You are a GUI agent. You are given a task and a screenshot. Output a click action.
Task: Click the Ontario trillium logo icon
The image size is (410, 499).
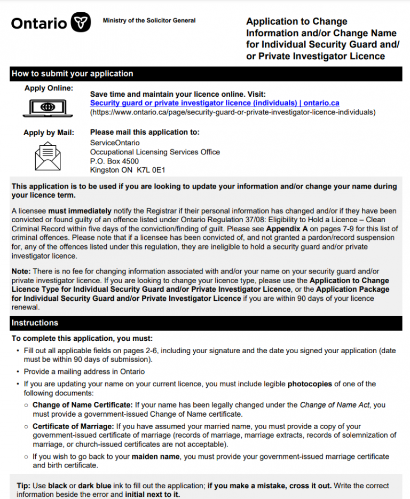[81, 22]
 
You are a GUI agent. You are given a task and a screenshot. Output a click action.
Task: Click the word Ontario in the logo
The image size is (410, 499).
[39, 24]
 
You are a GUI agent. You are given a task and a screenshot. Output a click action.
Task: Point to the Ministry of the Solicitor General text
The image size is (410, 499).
[149, 21]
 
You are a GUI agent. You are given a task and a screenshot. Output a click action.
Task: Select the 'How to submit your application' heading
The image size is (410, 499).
[73, 74]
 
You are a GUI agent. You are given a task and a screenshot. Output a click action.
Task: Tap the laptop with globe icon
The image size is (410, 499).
[48, 107]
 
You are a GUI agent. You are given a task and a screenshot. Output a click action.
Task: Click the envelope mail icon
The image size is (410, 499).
[48, 156]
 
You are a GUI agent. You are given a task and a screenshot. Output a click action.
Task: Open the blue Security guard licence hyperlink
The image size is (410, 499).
[215, 103]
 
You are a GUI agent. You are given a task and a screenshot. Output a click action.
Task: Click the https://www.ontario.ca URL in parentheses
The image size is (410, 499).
[233, 112]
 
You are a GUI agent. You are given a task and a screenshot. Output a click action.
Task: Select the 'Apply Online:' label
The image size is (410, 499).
[49, 89]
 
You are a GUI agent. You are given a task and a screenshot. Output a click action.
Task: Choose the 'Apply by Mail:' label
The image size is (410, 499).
[49, 133]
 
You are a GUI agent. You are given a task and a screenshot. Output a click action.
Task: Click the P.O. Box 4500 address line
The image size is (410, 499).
[114, 161]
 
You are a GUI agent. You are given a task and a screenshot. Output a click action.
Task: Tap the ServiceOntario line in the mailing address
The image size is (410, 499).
[115, 143]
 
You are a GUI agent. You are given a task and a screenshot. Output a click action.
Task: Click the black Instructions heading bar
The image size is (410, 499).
[206, 323]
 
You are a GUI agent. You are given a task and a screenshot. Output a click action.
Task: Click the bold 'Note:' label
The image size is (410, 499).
[21, 271]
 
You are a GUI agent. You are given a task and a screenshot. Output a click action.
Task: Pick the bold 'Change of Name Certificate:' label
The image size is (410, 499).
[82, 405]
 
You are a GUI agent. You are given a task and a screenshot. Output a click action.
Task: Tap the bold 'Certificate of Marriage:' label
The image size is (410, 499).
[73, 426]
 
